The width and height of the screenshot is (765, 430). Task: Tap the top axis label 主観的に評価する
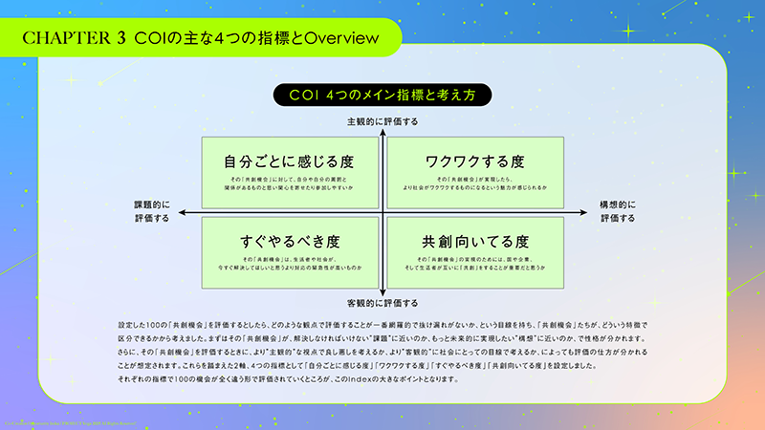(382, 121)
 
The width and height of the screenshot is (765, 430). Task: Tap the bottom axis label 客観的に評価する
(382, 302)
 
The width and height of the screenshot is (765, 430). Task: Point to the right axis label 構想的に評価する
(618, 211)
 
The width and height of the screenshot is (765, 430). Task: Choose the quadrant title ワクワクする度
(475, 161)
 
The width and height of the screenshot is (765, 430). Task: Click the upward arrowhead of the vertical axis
(382, 132)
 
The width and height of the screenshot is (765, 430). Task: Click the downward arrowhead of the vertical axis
(382, 292)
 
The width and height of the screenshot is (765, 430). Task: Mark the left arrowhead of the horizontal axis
(179, 212)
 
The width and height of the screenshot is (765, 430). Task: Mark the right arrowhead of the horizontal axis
(585, 212)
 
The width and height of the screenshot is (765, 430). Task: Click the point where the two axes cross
(382, 212)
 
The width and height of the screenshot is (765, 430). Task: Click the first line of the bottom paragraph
(382, 325)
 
